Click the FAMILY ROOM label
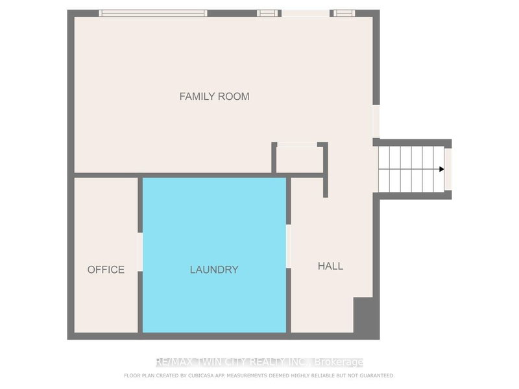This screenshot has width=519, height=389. [214, 97]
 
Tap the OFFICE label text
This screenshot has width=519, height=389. [106, 270]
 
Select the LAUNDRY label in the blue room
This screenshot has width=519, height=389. [214, 270]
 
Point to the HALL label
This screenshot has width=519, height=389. [330, 266]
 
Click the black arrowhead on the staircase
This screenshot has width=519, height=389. [441, 169]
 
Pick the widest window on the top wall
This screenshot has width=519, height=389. [153, 13]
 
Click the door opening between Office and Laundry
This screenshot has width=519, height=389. [140, 252]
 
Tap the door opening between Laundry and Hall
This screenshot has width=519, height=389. [289, 246]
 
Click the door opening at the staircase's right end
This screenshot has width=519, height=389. [448, 169]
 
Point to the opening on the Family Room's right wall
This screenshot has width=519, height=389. [376, 121]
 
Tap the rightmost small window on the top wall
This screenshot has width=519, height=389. [343, 13]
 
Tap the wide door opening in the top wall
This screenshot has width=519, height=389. [305, 13]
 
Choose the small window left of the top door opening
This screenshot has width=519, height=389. [267, 13]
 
